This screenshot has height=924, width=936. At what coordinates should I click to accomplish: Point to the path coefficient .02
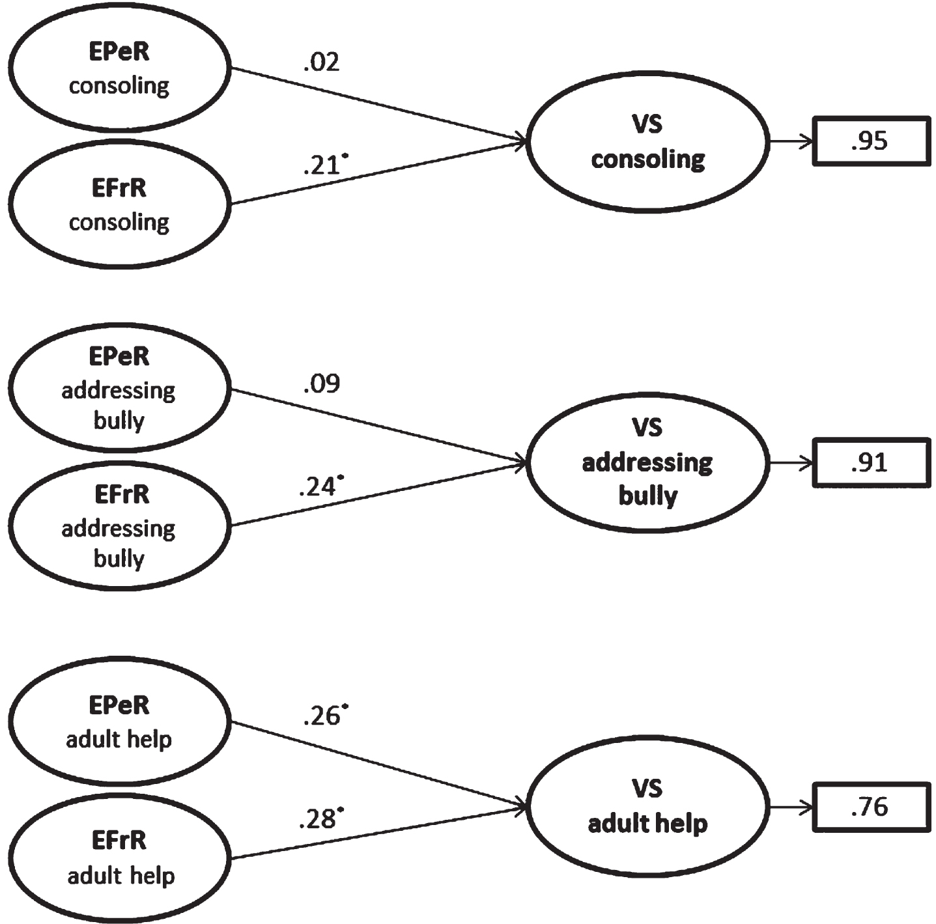click(321, 63)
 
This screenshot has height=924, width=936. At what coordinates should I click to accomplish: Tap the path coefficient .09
click(321, 384)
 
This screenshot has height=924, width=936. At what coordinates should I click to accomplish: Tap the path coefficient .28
click(321, 819)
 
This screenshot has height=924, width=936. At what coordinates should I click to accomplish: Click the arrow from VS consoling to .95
click(791, 142)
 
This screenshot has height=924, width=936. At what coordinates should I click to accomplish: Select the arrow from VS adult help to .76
click(791, 808)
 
